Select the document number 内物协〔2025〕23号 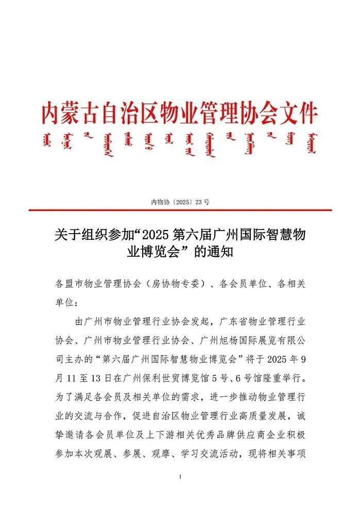tap(180, 202)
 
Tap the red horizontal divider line tap(180, 210)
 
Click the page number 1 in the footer tap(180, 478)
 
